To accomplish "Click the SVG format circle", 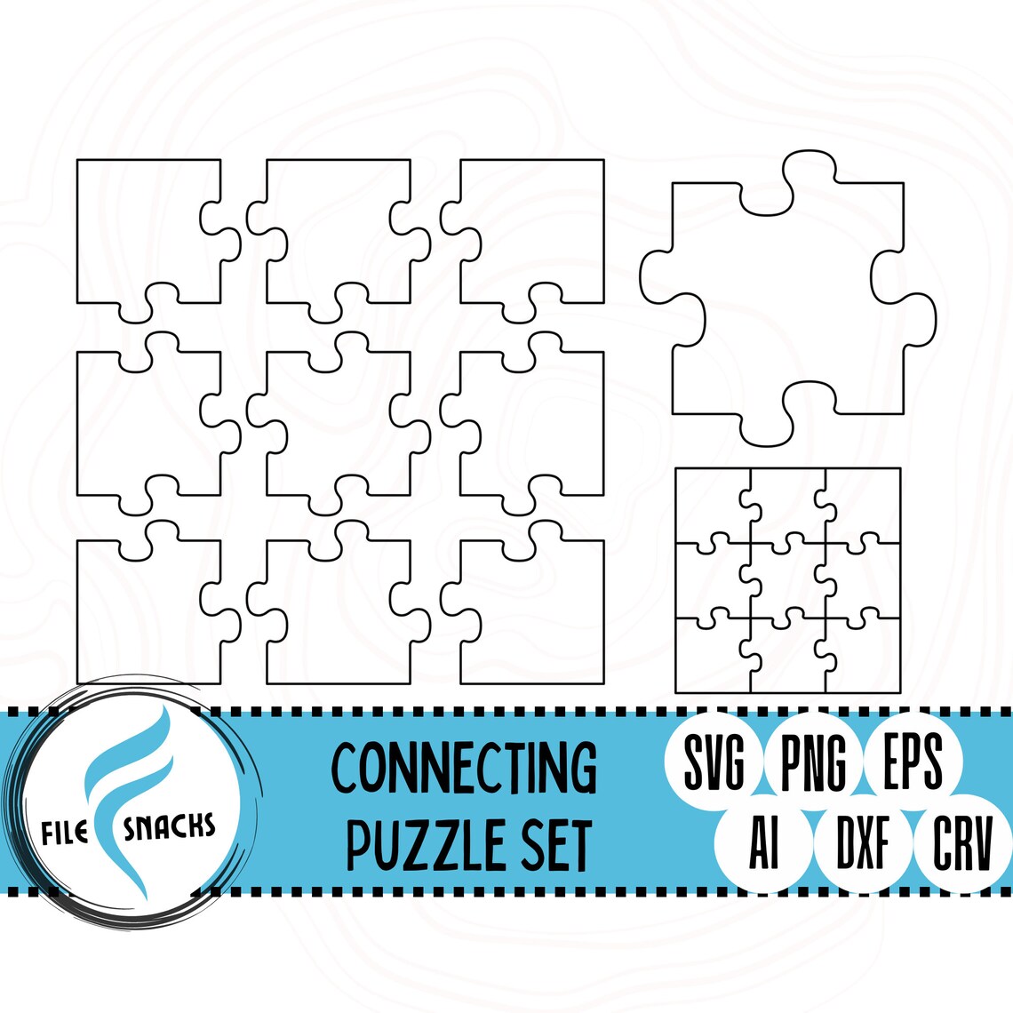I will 714,761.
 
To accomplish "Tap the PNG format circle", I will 812,761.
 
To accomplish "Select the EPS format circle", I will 913,761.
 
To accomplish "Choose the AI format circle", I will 763,844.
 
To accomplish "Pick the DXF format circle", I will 863,844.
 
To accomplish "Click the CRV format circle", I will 962,844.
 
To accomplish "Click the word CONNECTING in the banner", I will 464,767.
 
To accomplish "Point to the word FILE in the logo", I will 65,833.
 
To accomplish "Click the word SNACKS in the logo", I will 170,828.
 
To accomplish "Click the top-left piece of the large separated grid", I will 147,231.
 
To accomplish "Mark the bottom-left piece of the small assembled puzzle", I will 711,658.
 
